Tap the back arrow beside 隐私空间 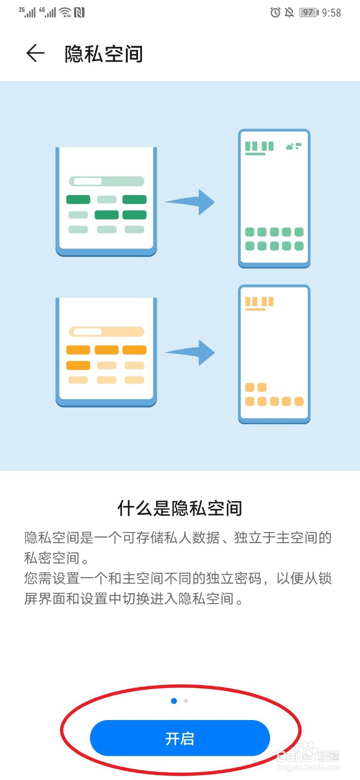pos(36,53)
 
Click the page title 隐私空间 pos(103,54)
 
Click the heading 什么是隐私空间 pos(180,508)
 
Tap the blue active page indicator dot pos(174,701)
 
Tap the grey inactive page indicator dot pos(186,701)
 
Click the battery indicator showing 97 pos(308,13)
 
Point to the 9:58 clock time pos(332,13)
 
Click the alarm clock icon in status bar pos(275,13)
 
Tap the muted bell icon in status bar pos(289,13)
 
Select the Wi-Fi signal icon pos(65,13)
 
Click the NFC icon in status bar pos(79,13)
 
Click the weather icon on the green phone pos(293,146)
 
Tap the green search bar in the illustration pos(107,181)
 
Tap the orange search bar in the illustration pos(107,332)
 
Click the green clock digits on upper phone pos(259,146)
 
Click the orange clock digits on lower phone pos(259,302)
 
